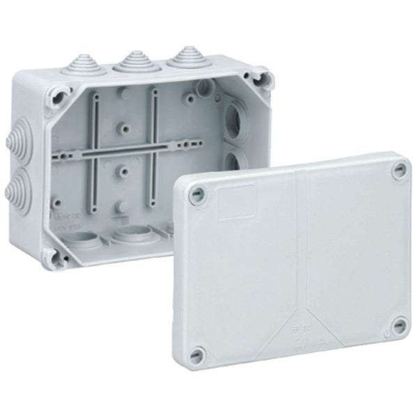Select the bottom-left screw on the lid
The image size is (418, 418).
pos(199,353)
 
